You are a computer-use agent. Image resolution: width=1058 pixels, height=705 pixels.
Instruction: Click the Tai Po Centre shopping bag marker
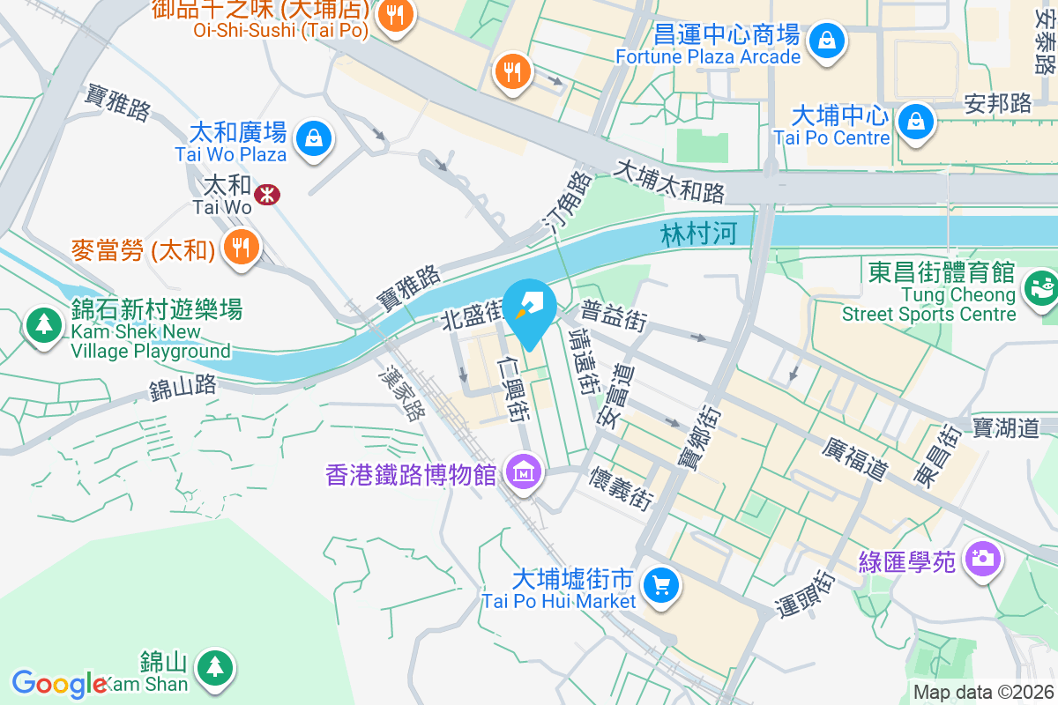coord(917,122)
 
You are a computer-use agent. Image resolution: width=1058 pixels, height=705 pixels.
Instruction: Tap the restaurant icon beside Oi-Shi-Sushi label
coord(396,16)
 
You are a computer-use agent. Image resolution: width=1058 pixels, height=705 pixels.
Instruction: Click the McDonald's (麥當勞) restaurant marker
coord(239,247)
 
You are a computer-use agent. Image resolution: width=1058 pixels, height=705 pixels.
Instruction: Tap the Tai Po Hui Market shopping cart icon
coord(660,584)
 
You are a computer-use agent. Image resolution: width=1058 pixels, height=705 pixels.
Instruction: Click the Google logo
coord(60,683)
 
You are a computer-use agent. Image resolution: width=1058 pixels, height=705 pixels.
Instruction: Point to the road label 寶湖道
coord(1006,428)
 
